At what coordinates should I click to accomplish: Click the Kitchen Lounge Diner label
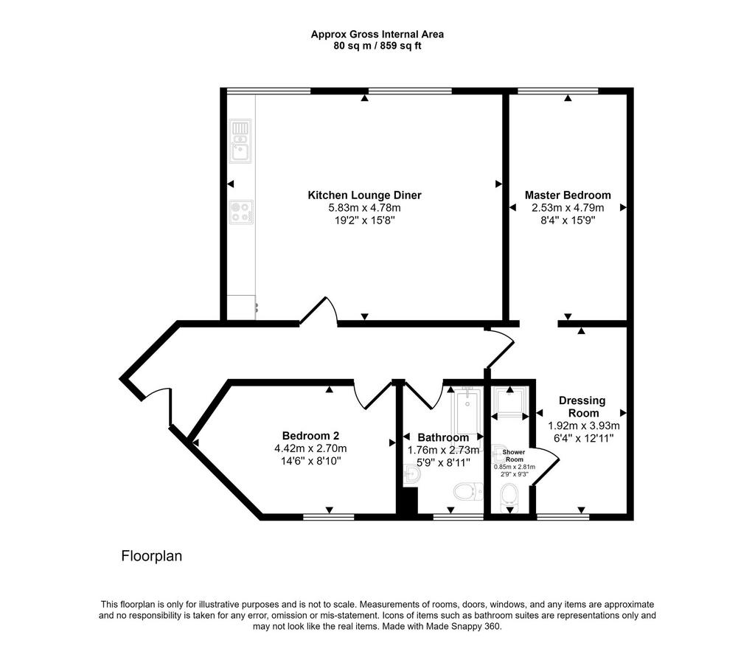tap(364, 195)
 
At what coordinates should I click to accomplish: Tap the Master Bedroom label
tap(568, 195)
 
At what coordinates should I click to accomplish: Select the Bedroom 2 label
tap(310, 436)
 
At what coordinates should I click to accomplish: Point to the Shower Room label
tap(514, 456)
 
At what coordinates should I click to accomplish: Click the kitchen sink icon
tap(240, 141)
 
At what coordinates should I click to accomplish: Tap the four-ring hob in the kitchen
tap(241, 212)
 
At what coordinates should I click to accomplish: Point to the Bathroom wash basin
tap(412, 474)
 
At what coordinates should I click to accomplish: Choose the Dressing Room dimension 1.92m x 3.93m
tap(584, 426)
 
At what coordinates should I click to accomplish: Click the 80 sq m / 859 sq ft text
tap(377, 46)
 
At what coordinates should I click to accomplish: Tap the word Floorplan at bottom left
tap(152, 556)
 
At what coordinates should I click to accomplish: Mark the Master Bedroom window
tap(557, 91)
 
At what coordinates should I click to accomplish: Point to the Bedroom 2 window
tap(329, 518)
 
